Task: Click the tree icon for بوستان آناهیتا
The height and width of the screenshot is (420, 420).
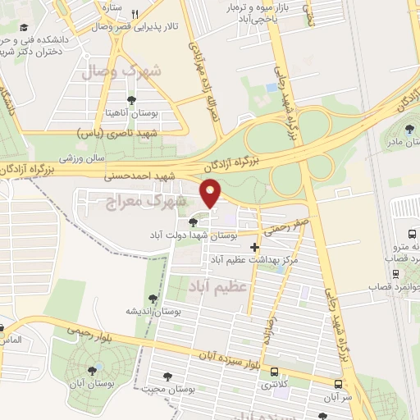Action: [130, 100]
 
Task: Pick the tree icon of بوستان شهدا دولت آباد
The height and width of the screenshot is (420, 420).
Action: [194, 221]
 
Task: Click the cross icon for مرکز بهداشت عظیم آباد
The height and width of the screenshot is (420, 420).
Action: [256, 247]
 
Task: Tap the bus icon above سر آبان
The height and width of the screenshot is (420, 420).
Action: [338, 383]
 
